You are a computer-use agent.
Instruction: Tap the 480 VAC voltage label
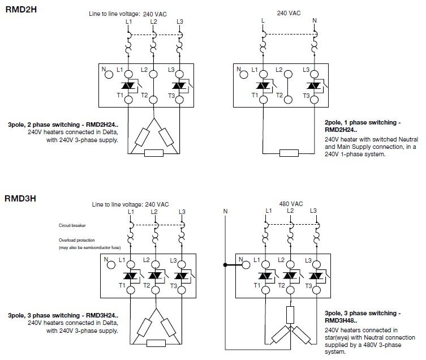click(x=289, y=203)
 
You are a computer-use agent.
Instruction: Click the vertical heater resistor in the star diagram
click(x=289, y=314)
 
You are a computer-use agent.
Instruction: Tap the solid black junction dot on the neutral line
click(x=225, y=264)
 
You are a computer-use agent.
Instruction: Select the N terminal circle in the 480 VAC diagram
click(x=246, y=264)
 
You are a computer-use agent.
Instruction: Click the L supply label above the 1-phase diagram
click(x=263, y=21)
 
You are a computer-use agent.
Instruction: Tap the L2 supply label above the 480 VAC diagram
click(x=290, y=211)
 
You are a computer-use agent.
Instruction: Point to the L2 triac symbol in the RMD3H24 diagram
click(x=153, y=275)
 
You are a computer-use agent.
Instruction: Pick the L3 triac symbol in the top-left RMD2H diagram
click(x=179, y=85)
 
